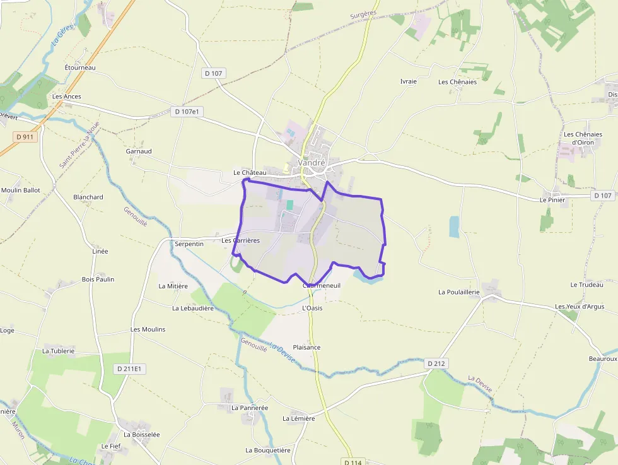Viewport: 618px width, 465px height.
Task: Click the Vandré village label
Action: click(312, 162)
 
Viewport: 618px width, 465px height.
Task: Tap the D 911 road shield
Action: click(25, 136)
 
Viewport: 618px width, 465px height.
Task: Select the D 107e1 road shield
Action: click(186, 112)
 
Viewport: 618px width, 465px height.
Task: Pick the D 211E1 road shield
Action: click(131, 368)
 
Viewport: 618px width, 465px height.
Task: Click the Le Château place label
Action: click(250, 172)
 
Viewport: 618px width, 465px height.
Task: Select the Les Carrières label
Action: click(240, 240)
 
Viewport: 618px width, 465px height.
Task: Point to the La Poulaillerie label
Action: click(459, 292)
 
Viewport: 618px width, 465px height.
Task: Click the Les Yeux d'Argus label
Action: click(580, 307)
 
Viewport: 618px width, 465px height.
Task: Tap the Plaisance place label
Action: click(306, 348)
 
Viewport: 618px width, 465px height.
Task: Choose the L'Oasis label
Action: click(312, 308)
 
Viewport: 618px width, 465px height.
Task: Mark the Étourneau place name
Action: click(80, 68)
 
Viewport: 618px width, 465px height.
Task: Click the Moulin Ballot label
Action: click(20, 190)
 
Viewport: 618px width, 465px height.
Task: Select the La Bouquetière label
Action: click(268, 450)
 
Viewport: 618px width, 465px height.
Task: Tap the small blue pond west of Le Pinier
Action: click(454, 227)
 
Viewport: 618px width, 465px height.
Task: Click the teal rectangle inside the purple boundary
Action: click(290, 204)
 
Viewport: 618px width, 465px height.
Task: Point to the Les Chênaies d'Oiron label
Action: click(583, 138)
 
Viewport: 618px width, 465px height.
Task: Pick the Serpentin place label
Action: click(189, 244)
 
